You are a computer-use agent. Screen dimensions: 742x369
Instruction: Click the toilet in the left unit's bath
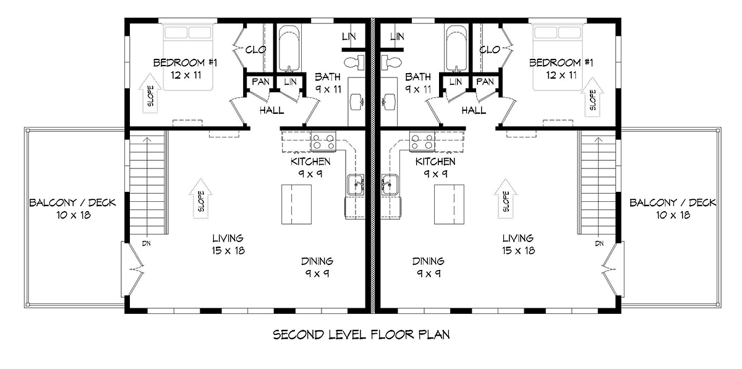(354, 63)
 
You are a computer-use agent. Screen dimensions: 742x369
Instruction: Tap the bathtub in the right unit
(456, 48)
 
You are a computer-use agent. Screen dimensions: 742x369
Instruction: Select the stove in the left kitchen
(323, 142)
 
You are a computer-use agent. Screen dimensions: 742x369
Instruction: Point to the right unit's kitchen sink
(390, 184)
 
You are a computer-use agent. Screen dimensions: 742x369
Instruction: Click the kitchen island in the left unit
(296, 204)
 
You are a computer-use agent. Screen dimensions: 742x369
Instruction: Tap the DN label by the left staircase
(147, 244)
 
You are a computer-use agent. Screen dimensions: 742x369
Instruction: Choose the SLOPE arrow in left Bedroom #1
(150, 95)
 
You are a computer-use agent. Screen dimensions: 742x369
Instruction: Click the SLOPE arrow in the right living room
(506, 199)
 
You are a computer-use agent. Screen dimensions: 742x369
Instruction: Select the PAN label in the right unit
(485, 82)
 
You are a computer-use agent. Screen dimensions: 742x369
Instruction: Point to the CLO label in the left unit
(256, 50)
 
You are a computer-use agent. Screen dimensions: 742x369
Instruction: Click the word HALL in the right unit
(474, 110)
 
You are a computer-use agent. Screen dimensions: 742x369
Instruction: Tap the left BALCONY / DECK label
(72, 202)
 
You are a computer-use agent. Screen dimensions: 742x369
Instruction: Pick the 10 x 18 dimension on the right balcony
(673, 215)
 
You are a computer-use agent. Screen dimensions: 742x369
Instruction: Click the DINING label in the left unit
(317, 261)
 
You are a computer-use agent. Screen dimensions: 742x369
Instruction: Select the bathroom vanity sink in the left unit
(357, 102)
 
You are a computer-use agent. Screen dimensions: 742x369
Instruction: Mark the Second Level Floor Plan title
(361, 335)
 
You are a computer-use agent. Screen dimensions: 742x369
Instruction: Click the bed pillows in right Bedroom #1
(558, 32)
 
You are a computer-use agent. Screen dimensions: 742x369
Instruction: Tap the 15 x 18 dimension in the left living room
(228, 250)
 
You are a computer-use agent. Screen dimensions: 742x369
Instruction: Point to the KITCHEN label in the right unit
(435, 162)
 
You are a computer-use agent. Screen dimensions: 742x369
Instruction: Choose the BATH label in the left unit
(328, 77)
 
